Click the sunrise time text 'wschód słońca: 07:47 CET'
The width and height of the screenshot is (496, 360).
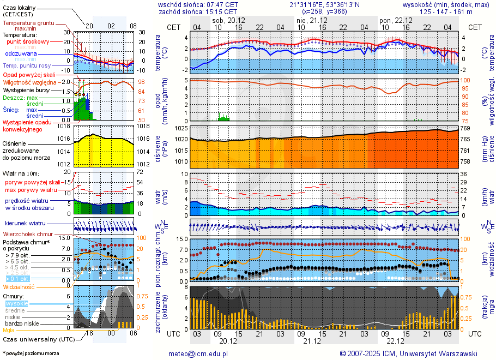pyautogui.click(x=198, y=4)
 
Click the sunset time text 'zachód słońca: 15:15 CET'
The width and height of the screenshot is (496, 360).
pyautogui.click(x=198, y=11)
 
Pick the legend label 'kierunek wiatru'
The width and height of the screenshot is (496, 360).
pyautogui.click(x=25, y=224)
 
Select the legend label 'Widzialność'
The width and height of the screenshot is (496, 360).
pyautogui.click(x=19, y=286)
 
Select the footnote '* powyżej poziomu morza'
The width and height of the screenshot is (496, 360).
pyautogui.click(x=31, y=353)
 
